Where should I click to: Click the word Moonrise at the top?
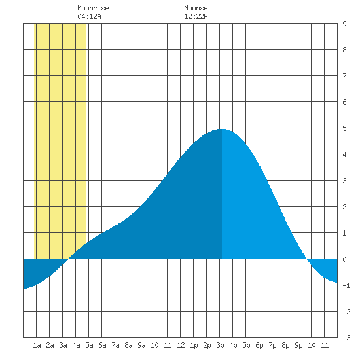click(x=93, y=8)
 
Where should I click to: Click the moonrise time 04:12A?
click(x=89, y=16)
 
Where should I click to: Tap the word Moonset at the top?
click(x=198, y=8)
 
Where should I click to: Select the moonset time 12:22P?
click(x=196, y=16)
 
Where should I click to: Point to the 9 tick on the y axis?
click(x=344, y=24)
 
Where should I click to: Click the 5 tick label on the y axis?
click(x=344, y=128)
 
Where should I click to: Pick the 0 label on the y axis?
click(x=344, y=259)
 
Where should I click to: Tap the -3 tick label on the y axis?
click(x=346, y=338)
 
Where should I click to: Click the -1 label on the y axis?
click(x=346, y=285)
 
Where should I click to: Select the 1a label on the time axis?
click(x=37, y=345)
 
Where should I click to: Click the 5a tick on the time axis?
click(x=89, y=345)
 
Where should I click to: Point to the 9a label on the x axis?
click(x=141, y=345)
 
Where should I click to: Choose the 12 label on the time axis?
click(x=181, y=345)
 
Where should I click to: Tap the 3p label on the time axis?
click(x=220, y=345)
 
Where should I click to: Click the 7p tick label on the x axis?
click(x=272, y=345)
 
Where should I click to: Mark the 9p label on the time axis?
click(x=298, y=345)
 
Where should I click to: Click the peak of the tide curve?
click(x=221, y=129)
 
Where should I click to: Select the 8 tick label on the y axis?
click(x=344, y=50)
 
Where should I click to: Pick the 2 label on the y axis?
click(x=344, y=207)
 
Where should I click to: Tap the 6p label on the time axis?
click(x=259, y=345)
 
